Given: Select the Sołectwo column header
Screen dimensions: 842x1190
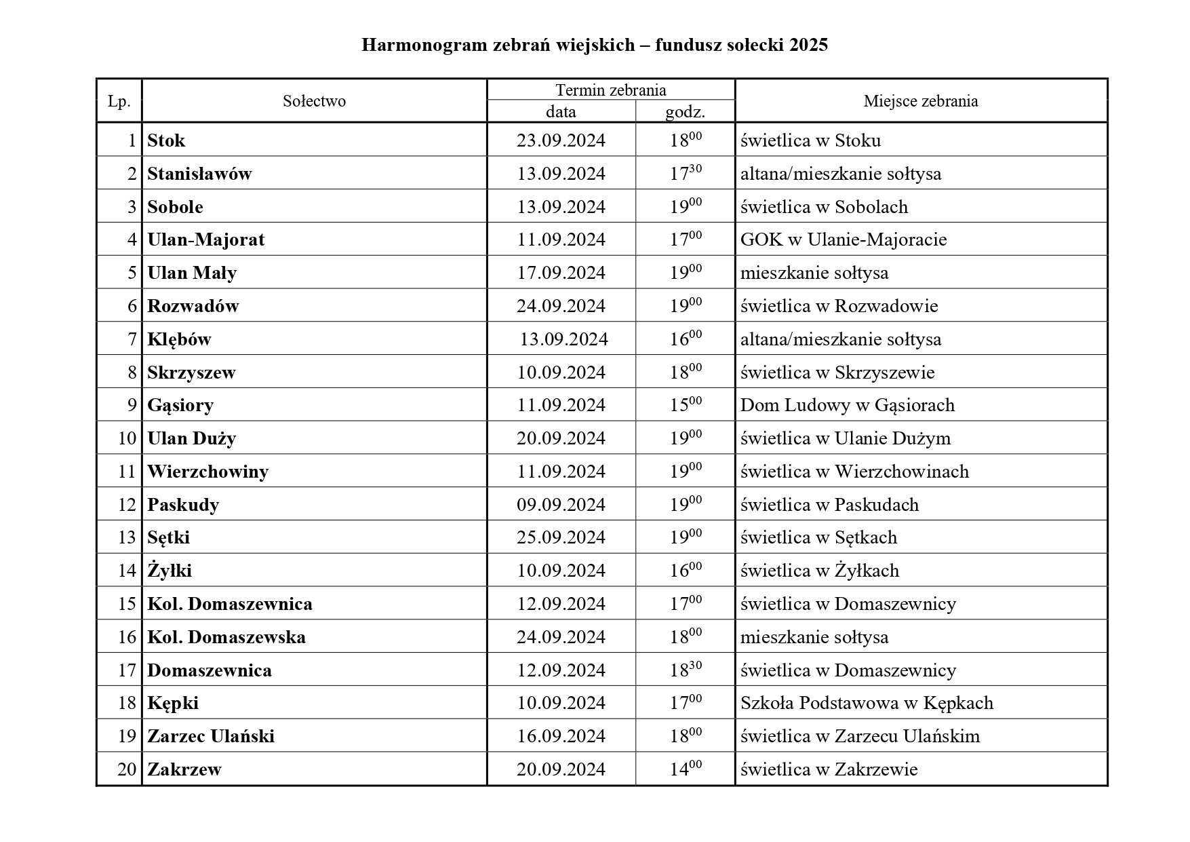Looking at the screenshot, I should click(314, 101).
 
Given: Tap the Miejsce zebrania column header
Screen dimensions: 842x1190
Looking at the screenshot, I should click(920, 101).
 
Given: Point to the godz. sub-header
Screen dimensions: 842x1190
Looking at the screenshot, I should click(685, 112).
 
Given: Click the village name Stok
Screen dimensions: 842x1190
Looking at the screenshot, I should click(166, 140).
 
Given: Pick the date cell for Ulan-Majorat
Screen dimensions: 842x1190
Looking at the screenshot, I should click(561, 240).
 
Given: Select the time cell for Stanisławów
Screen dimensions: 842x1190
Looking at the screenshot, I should click(686, 173).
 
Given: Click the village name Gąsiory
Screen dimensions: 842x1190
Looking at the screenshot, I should click(180, 405).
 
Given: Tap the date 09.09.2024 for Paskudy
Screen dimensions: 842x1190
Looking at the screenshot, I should click(561, 505).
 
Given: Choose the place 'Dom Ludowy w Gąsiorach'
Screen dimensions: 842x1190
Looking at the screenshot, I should click(847, 405).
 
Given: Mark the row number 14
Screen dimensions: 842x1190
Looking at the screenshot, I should click(127, 571).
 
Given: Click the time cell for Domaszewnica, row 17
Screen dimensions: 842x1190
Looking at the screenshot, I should click(686, 670).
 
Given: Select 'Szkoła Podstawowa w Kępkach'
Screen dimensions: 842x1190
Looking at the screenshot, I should click(867, 703).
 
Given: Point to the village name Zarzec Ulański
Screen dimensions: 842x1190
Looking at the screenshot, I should click(211, 736).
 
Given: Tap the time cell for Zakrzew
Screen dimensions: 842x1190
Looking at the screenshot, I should click(686, 769).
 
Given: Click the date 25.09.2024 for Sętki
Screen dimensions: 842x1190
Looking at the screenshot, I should click(561, 537).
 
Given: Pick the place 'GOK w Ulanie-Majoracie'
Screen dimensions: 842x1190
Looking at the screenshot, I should click(843, 240).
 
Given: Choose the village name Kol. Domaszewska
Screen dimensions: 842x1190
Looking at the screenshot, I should click(226, 637).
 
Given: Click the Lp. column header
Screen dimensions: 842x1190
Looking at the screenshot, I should click(119, 101).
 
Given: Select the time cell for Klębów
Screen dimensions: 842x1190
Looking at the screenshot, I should click(686, 339).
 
